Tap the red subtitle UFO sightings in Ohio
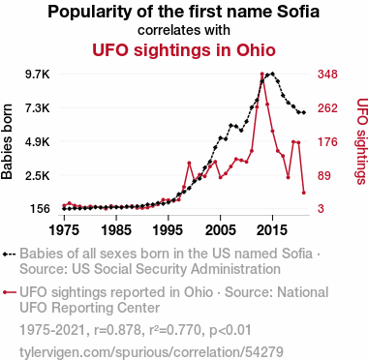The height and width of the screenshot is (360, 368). pyautogui.click(x=184, y=50)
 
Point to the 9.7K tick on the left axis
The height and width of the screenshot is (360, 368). pyautogui.click(x=39, y=75)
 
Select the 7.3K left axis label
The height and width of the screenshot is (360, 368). pyautogui.click(x=39, y=108)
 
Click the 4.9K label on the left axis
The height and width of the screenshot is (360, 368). pyautogui.click(x=39, y=142)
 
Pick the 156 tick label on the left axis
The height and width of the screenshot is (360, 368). pyautogui.click(x=41, y=209)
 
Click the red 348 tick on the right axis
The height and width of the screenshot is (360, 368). pyautogui.click(x=327, y=75)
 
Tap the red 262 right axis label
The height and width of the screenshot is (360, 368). pyautogui.click(x=327, y=108)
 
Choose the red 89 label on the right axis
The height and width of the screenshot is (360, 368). pyautogui.click(x=324, y=176)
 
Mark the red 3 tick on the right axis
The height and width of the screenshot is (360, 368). pyautogui.click(x=321, y=209)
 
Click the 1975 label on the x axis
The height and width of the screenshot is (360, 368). pyautogui.click(x=64, y=230)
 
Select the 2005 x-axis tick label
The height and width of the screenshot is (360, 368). pyautogui.click(x=220, y=230)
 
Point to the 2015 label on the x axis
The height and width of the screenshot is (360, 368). pyautogui.click(x=272, y=230)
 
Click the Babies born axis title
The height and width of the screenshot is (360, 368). pyautogui.click(x=7, y=142)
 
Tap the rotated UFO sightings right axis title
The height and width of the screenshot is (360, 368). pyautogui.click(x=362, y=141)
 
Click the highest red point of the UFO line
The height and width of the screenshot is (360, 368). pyautogui.click(x=262, y=74)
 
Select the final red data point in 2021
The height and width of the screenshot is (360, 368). pyautogui.click(x=304, y=193)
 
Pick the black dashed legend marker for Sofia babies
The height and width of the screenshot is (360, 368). pyautogui.click(x=10, y=255)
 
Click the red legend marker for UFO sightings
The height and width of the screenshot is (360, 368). pyautogui.click(x=10, y=292)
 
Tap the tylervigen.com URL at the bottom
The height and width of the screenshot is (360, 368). pyautogui.click(x=151, y=352)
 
